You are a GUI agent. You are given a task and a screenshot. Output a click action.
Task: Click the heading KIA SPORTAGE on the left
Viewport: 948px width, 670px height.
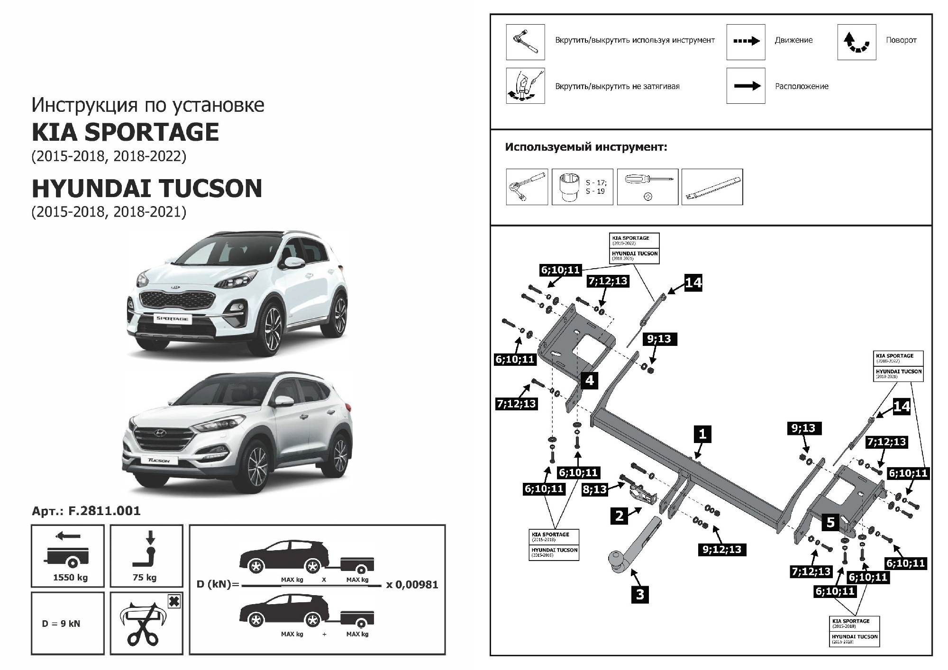click(125, 132)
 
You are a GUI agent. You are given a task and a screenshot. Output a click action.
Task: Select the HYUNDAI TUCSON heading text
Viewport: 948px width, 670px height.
click(147, 188)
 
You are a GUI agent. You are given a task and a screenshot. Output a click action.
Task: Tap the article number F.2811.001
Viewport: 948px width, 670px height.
click(86, 511)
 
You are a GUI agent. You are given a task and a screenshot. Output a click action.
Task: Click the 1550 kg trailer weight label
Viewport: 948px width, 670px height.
click(70, 577)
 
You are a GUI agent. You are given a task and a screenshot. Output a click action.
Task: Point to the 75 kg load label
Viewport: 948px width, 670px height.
click(145, 577)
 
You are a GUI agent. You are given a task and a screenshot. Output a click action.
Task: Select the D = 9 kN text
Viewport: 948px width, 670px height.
click(61, 624)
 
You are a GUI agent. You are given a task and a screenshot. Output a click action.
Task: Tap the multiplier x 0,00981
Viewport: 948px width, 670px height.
click(412, 585)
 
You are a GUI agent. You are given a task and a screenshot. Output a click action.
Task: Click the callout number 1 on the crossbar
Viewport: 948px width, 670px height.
click(702, 434)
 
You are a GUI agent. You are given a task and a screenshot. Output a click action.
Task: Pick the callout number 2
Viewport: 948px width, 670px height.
click(620, 516)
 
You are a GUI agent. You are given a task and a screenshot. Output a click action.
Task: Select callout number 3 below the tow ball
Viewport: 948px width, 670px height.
click(640, 594)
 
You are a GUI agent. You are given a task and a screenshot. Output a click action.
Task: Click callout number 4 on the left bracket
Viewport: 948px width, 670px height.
click(590, 380)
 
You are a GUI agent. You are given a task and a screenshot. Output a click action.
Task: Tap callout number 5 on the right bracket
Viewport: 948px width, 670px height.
click(830, 522)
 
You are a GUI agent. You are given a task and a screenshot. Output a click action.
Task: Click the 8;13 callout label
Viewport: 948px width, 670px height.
click(595, 489)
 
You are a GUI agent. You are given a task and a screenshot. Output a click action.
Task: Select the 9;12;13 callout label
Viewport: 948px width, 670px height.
click(722, 549)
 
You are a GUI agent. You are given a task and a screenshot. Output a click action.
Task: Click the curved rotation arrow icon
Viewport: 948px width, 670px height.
click(857, 42)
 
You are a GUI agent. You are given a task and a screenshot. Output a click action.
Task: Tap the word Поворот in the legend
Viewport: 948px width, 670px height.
click(901, 40)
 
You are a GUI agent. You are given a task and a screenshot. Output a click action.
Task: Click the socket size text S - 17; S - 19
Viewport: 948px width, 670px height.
click(596, 187)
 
